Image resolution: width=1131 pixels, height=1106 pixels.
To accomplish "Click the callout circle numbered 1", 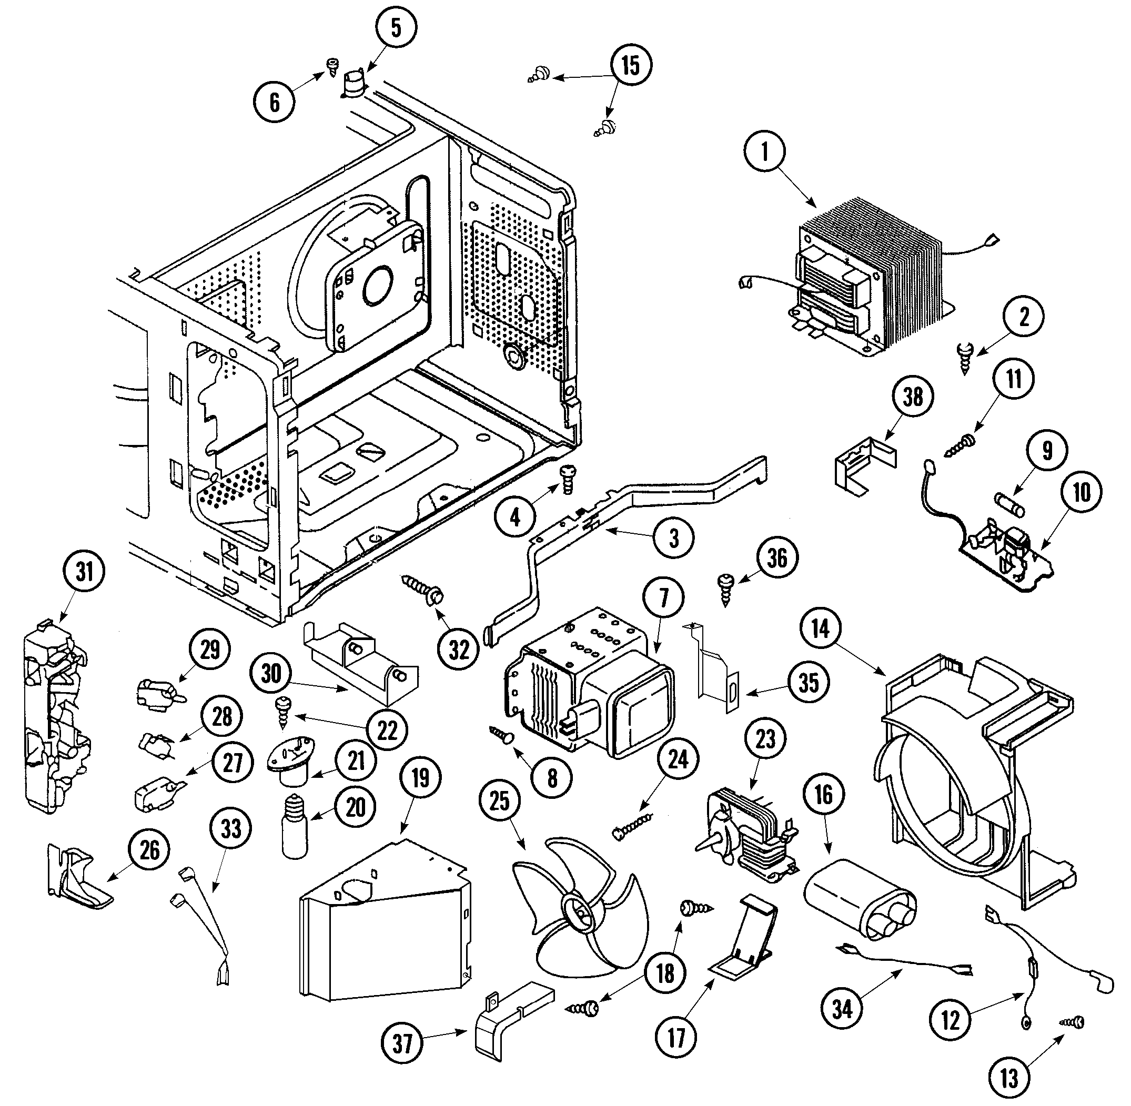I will [x=765, y=152].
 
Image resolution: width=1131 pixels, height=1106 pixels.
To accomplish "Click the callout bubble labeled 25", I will [x=500, y=801].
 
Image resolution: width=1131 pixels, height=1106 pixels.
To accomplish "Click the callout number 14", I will [x=820, y=628].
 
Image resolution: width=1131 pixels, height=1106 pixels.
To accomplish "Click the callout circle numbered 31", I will [x=85, y=572].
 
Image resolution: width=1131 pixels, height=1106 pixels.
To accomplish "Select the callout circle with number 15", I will [x=631, y=65].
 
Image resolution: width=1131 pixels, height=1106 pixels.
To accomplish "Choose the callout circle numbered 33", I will [x=231, y=828].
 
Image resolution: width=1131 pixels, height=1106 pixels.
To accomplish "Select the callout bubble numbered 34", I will [x=842, y=1009].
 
